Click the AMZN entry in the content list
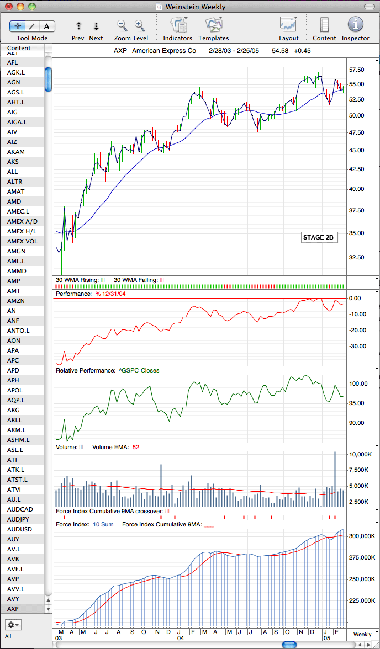click(17, 301)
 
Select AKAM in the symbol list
click(16, 152)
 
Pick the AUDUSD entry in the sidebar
click(20, 529)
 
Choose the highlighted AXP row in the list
click(13, 609)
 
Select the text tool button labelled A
click(47, 26)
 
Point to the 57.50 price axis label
click(357, 70)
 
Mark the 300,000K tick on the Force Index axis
click(362, 536)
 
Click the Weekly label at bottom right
click(362, 634)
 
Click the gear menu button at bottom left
click(14, 624)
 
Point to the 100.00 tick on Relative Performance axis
click(357, 384)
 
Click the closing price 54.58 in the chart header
click(279, 51)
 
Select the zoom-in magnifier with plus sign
click(139, 25)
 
